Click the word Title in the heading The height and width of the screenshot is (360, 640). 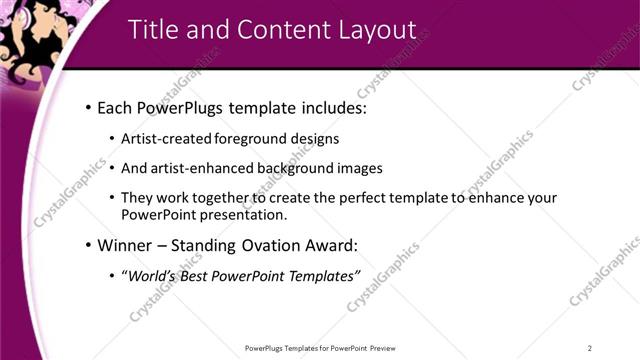tap(154, 31)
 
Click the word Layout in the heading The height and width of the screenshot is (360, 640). tap(370, 31)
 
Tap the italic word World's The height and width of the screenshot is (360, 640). tap(149, 275)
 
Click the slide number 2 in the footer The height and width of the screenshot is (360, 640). tap(590, 348)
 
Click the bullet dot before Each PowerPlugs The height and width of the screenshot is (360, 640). tap(88, 106)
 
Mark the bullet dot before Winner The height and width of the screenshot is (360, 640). tap(88, 245)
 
